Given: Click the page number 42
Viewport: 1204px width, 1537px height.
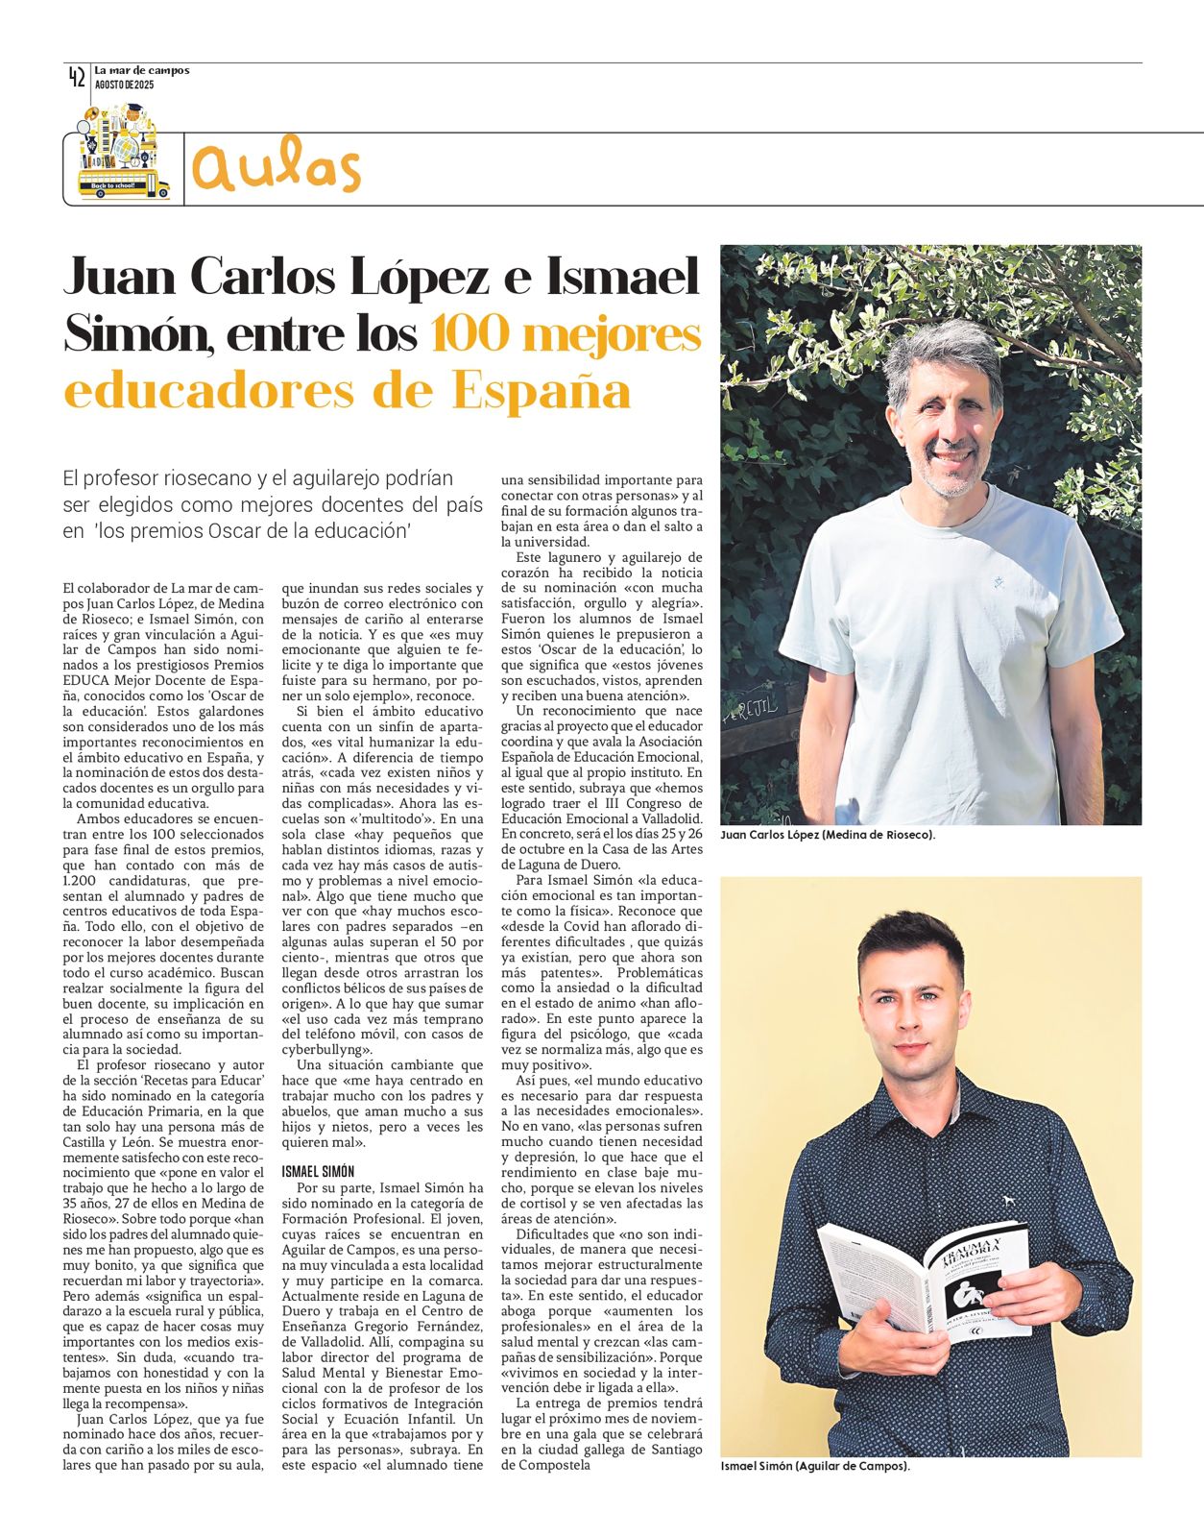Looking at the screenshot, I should point(77,78).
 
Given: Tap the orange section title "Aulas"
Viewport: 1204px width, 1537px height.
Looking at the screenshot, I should point(277,167).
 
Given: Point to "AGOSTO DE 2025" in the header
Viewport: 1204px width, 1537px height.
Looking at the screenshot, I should point(124,85).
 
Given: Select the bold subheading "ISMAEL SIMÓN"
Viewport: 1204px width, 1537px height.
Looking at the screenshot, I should point(317,1171).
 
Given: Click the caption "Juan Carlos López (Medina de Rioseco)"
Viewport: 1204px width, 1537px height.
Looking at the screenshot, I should point(828,835).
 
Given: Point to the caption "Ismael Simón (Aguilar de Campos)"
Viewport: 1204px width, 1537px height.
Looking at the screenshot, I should point(814,1467).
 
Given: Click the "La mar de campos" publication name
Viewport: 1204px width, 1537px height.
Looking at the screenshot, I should point(142,70).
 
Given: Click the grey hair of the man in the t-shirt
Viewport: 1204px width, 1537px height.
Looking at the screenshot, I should point(946,351).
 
